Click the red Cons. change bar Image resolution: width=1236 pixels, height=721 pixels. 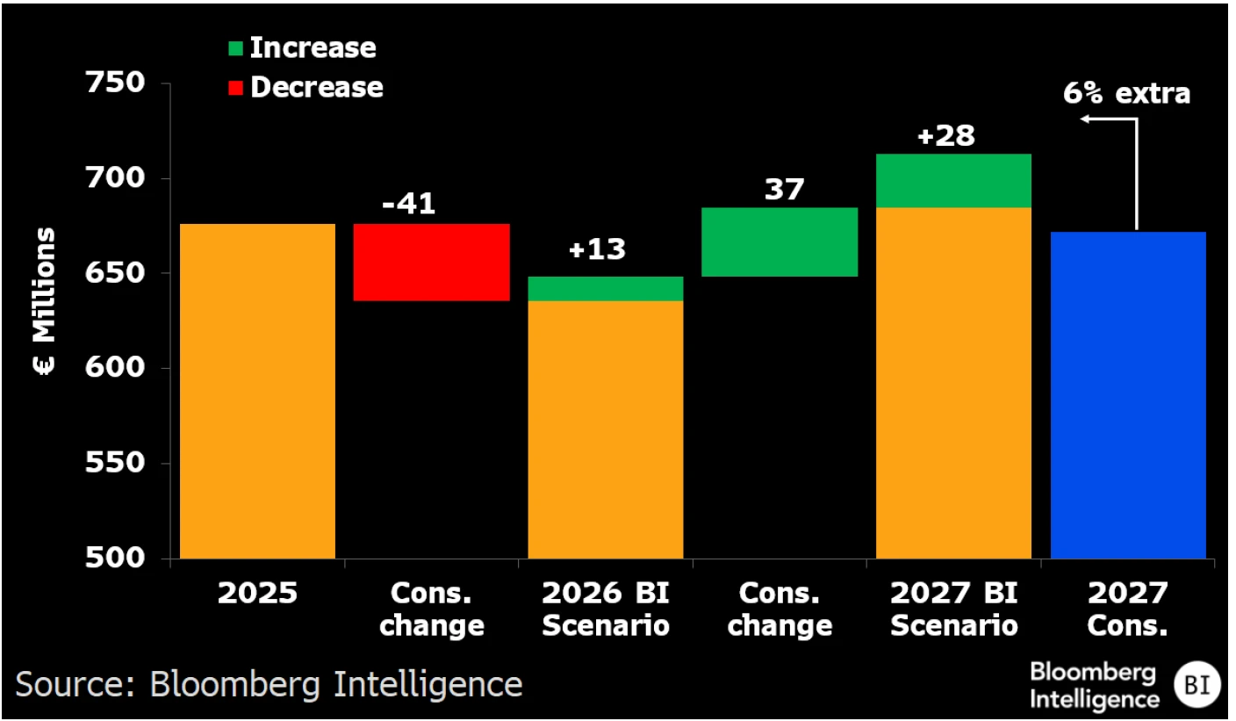(431, 263)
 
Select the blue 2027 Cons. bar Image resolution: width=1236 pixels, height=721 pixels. (1128, 395)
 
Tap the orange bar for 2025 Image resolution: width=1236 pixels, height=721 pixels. (257, 391)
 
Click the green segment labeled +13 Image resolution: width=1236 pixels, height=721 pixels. (605, 289)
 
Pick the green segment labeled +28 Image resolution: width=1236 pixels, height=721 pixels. (953, 181)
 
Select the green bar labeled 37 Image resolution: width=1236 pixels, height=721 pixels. (780, 242)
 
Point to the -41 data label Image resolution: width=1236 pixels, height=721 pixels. (408, 203)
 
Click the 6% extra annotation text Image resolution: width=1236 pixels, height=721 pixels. (1126, 93)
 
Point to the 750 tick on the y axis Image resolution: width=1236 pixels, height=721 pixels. (113, 84)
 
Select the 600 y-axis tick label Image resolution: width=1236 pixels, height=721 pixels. (113, 369)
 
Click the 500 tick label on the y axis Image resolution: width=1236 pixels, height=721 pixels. (113, 559)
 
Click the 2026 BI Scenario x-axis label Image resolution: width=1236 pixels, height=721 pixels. (605, 609)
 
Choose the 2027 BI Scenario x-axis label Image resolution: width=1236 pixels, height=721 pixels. (953, 609)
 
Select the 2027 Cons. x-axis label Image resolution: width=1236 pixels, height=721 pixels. (1128, 609)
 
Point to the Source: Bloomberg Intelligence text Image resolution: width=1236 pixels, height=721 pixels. (269, 684)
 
